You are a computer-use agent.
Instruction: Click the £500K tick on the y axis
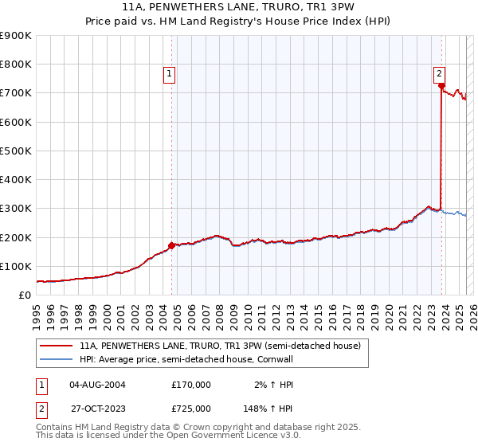pos(17,151)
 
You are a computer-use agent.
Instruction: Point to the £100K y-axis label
pos(17,266)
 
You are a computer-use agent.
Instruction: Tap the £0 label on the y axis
pos(25,295)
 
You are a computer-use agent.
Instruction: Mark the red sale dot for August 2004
pos(171,245)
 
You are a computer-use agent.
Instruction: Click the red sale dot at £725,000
pos(441,85)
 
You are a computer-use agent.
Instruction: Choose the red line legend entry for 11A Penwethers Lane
pos(220,346)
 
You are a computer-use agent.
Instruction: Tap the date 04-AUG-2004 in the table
pos(97,385)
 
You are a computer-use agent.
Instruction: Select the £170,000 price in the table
pos(191,385)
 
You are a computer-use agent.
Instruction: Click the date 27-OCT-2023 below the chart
pos(97,409)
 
